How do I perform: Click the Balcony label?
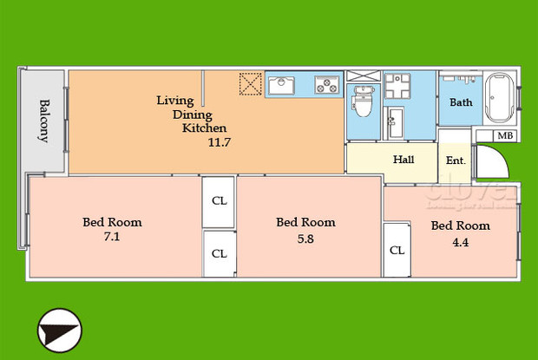(x=43, y=121)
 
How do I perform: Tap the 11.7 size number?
(x=219, y=142)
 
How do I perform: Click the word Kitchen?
(x=204, y=128)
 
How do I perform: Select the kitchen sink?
(x=283, y=85)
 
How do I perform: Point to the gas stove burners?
(x=328, y=85)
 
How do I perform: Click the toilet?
(x=362, y=107)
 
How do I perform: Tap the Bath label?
(x=461, y=102)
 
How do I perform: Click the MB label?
(x=504, y=136)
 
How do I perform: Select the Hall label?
(x=403, y=160)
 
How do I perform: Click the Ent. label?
(x=456, y=160)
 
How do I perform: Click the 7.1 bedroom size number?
(x=112, y=236)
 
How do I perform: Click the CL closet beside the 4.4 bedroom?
(x=397, y=250)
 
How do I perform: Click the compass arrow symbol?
(x=59, y=331)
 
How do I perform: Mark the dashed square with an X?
(x=251, y=83)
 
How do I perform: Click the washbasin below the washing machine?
(x=398, y=122)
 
